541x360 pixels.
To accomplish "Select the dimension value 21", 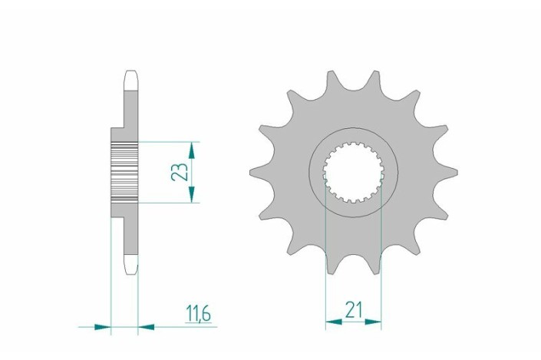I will pos(354,309).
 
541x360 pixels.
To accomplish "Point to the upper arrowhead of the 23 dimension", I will pos(192,148).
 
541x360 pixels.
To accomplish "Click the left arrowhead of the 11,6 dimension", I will pos(104,326).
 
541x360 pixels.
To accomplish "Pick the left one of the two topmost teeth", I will pos(332,80).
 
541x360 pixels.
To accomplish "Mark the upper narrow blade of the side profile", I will pos(130,104).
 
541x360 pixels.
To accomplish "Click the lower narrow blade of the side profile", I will pos(130,238).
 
